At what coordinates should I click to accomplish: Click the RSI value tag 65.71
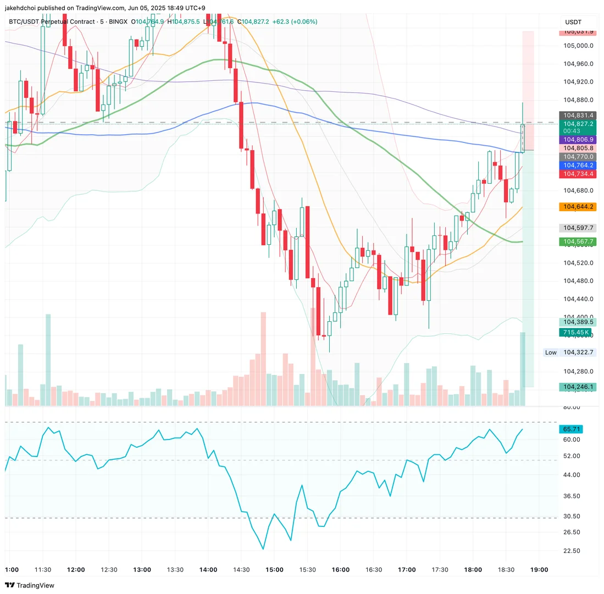coord(570,429)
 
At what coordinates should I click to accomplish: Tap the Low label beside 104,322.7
coord(551,353)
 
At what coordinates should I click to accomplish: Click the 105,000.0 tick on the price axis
coord(579,46)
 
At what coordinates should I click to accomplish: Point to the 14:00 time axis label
coord(208,570)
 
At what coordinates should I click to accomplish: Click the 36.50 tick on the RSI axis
coord(572,496)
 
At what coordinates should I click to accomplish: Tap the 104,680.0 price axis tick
coord(579,190)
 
